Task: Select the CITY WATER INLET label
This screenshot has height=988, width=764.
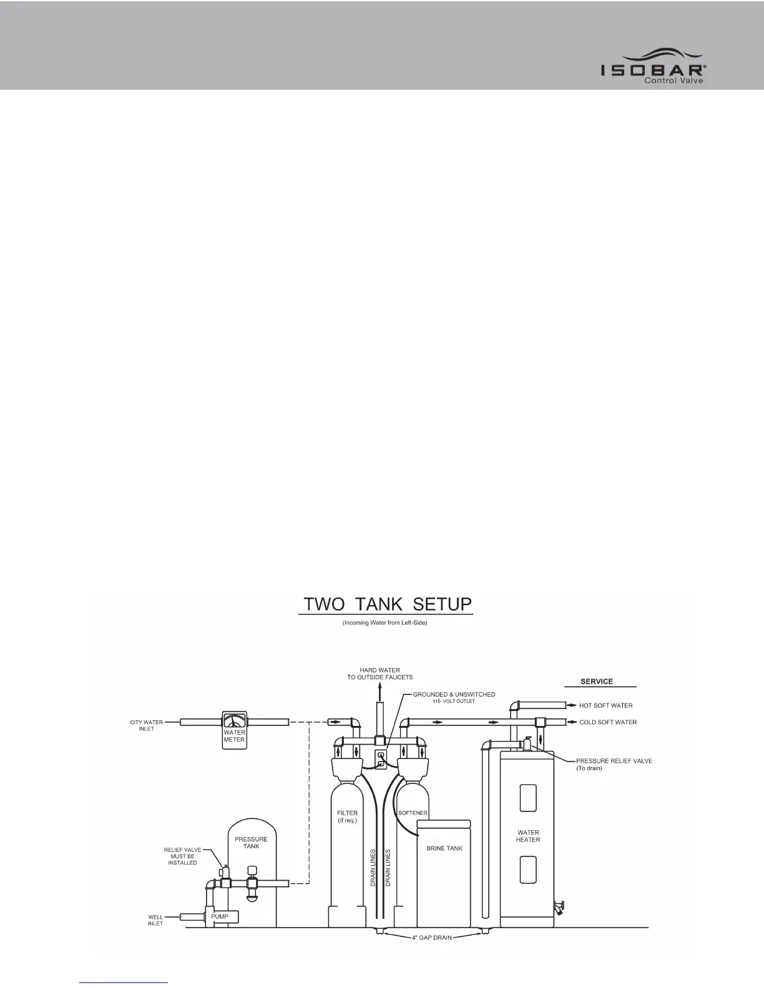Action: point(145,725)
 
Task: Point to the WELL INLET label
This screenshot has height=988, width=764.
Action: point(155,920)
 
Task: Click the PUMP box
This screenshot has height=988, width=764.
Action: point(219,916)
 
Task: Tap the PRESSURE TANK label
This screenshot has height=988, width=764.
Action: point(251,843)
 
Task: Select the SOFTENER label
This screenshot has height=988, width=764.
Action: point(413,813)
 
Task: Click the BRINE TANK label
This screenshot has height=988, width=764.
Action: point(444,848)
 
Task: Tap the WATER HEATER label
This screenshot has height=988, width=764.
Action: point(528,836)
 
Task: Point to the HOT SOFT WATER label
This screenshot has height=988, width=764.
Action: point(606,705)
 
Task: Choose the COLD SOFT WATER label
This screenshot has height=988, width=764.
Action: point(608,722)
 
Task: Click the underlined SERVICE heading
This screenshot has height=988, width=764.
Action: point(597,681)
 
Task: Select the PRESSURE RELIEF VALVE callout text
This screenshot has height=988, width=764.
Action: point(614,764)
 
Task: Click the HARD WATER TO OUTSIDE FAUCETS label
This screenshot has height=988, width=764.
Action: point(380,674)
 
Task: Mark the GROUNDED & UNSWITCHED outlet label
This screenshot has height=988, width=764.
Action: point(454,694)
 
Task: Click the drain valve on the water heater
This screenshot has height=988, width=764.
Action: point(560,905)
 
